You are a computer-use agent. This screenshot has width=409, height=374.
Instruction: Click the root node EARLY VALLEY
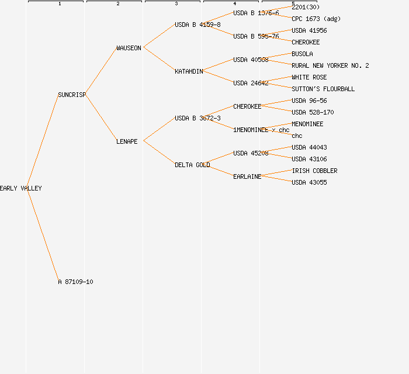(21, 188)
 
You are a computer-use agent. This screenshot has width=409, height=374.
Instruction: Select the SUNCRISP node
(72, 95)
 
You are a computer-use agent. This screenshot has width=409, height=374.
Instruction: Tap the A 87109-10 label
(75, 282)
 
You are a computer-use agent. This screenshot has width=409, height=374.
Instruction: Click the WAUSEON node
(129, 48)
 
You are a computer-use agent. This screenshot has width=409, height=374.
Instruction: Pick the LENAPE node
(127, 141)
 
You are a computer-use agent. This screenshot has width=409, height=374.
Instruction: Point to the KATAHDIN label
(189, 71)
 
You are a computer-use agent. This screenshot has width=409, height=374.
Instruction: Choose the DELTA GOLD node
(192, 165)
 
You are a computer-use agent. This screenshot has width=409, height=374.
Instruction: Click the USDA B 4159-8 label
(197, 25)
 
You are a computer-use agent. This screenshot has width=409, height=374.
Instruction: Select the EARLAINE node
(247, 176)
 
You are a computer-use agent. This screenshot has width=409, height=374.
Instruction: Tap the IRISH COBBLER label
(314, 171)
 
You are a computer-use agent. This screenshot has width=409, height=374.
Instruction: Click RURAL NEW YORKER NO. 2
(330, 65)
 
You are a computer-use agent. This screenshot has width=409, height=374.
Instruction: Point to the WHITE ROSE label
(309, 77)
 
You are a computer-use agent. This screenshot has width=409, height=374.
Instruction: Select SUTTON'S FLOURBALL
(323, 89)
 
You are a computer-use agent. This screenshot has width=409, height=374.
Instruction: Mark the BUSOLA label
(302, 54)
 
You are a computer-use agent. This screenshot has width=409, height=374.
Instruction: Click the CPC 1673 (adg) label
(316, 19)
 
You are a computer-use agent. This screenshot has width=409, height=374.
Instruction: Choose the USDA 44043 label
(309, 147)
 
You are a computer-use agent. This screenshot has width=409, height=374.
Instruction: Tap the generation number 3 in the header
(176, 4)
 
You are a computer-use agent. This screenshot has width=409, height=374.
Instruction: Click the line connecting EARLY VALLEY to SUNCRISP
(42, 141)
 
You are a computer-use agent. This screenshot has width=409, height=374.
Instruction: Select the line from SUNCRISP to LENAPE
(100, 118)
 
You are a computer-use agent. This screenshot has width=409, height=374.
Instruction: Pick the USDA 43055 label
(309, 182)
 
